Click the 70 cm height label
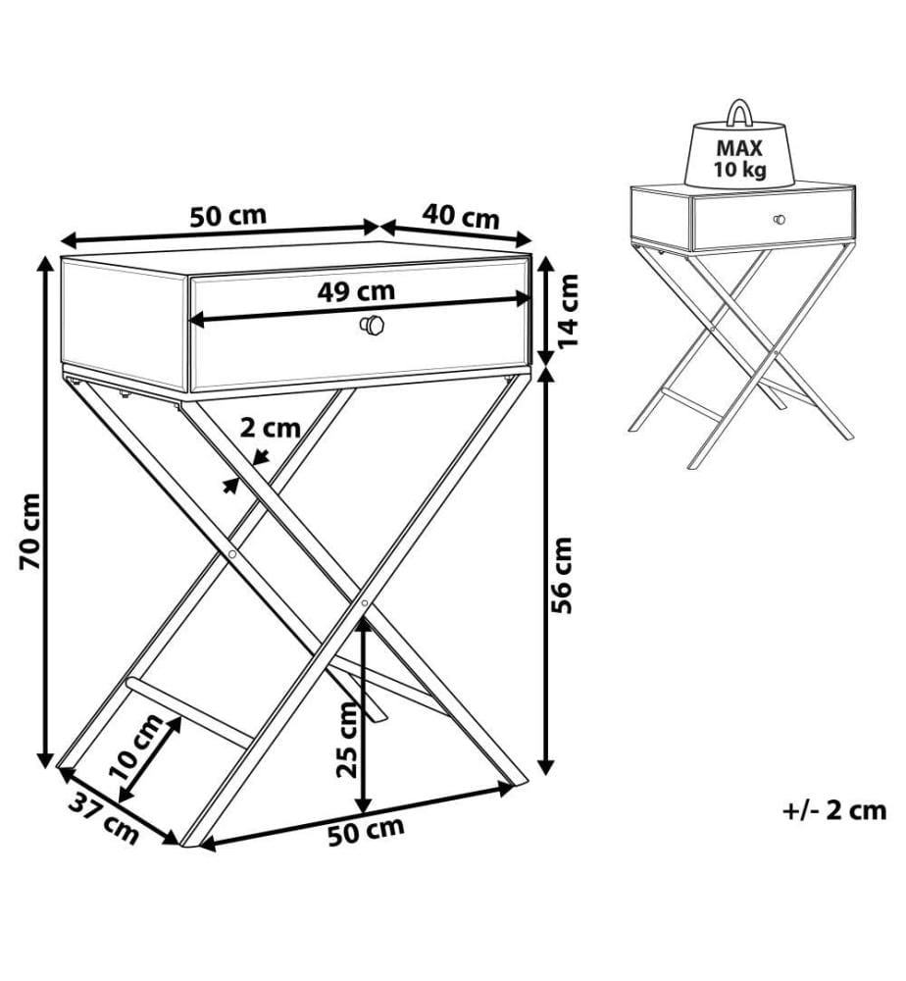tap(30, 532)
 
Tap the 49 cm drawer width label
tap(356, 291)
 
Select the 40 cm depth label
tap(461, 217)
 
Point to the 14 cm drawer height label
tap(568, 312)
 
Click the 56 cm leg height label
tap(562, 575)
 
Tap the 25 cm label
tap(347, 740)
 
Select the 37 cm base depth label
tap(103, 818)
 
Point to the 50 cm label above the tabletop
tap(228, 216)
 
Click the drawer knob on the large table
tap(372, 326)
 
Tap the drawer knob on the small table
tap(780, 220)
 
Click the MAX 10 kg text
tap(739, 158)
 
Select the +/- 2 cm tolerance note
tap(834, 810)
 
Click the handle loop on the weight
tap(739, 103)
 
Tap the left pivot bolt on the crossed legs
tap(232, 554)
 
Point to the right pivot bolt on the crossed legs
tap(365, 603)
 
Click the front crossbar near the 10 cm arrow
tap(189, 711)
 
